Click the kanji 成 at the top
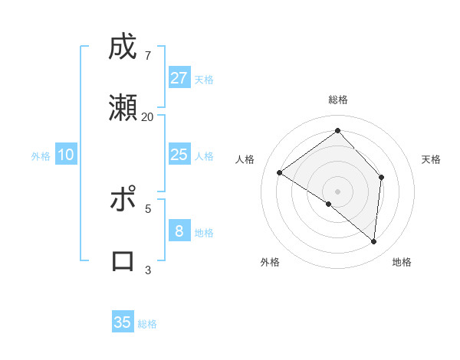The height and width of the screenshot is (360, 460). click(123, 47)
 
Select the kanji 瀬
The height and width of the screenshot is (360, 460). click(123, 109)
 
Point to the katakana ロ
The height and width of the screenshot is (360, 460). click(123, 261)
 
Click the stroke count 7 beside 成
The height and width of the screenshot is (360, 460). click(148, 55)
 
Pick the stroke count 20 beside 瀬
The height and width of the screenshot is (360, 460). click(148, 116)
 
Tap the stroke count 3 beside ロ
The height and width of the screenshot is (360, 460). click(148, 270)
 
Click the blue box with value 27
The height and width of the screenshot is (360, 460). click(179, 78)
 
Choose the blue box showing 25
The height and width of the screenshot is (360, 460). click(179, 155)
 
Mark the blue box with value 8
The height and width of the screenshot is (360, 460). click(179, 231)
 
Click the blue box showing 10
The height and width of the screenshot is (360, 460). click(66, 155)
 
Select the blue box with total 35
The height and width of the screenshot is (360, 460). click(123, 322)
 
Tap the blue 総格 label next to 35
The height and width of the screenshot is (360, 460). click(147, 324)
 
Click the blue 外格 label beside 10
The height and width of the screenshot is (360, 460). click(41, 156)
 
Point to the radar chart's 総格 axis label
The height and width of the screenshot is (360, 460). click(338, 100)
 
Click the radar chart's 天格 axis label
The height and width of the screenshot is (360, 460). click(431, 159)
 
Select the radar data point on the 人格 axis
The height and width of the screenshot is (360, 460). click(280, 172)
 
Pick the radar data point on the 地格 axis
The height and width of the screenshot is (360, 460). click(373, 241)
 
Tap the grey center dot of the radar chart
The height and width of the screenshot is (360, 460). click(338, 191)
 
